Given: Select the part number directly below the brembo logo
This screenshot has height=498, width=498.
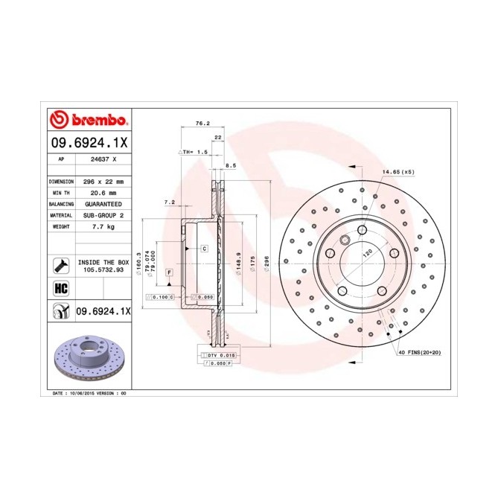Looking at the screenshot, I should click(90, 142).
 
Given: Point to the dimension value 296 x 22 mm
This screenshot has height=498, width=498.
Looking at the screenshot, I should click(102, 182).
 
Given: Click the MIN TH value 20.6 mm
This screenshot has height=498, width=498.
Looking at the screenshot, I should click(98, 193).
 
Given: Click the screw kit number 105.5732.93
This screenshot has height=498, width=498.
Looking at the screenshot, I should click(103, 270).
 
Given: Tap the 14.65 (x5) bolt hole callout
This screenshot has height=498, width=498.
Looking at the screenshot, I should click(398, 173).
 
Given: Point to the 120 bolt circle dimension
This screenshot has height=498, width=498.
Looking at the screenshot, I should click(366, 253).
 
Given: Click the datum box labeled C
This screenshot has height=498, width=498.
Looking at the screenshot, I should click(203, 248).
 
